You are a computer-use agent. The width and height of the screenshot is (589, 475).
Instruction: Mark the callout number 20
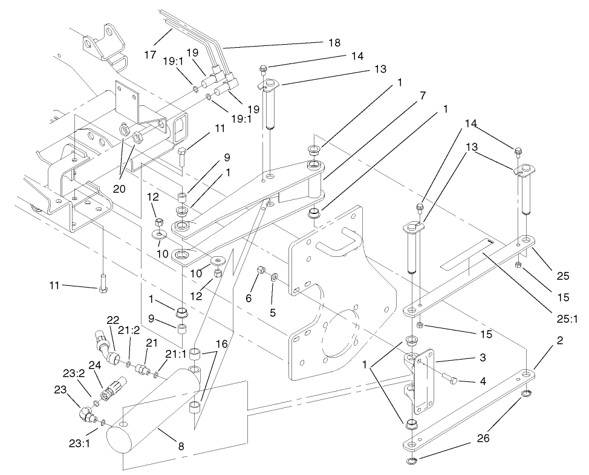[119, 189]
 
